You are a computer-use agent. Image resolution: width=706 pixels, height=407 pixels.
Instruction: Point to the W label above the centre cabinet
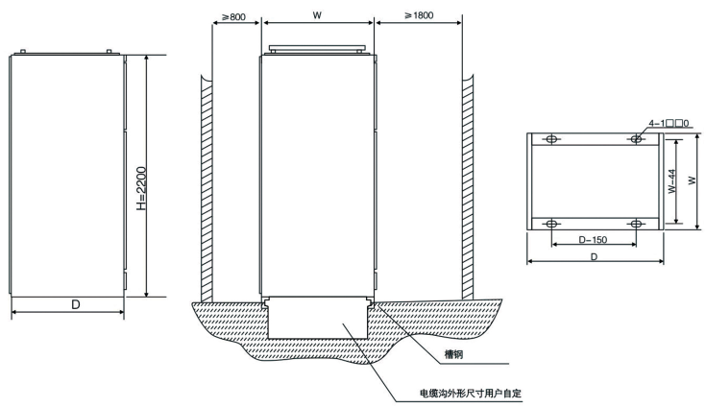tap(317, 15)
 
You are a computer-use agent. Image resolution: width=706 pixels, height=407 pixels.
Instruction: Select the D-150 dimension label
tap(592, 236)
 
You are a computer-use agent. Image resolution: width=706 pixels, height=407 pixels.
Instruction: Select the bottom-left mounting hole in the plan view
tap(551, 224)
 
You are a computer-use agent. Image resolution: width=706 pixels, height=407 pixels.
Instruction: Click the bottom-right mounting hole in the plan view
tap(636, 224)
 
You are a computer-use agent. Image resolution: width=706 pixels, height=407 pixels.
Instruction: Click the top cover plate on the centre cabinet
tap(317, 47)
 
